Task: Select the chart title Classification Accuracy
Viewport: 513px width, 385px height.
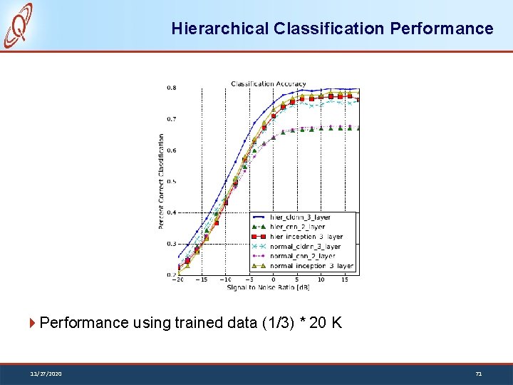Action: coord(268,84)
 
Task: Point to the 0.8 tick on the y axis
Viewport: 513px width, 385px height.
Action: coord(172,88)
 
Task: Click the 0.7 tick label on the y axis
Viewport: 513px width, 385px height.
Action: coord(172,119)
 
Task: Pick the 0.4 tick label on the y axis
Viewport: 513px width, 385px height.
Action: coord(172,212)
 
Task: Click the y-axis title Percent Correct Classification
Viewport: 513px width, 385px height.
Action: coord(162,181)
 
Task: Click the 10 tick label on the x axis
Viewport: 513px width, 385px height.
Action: coord(321,279)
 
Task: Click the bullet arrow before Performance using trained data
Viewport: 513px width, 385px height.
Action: coord(33,323)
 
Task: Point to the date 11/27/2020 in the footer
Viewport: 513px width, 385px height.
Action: coord(46,373)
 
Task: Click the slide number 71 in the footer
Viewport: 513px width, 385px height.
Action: coord(478,373)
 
